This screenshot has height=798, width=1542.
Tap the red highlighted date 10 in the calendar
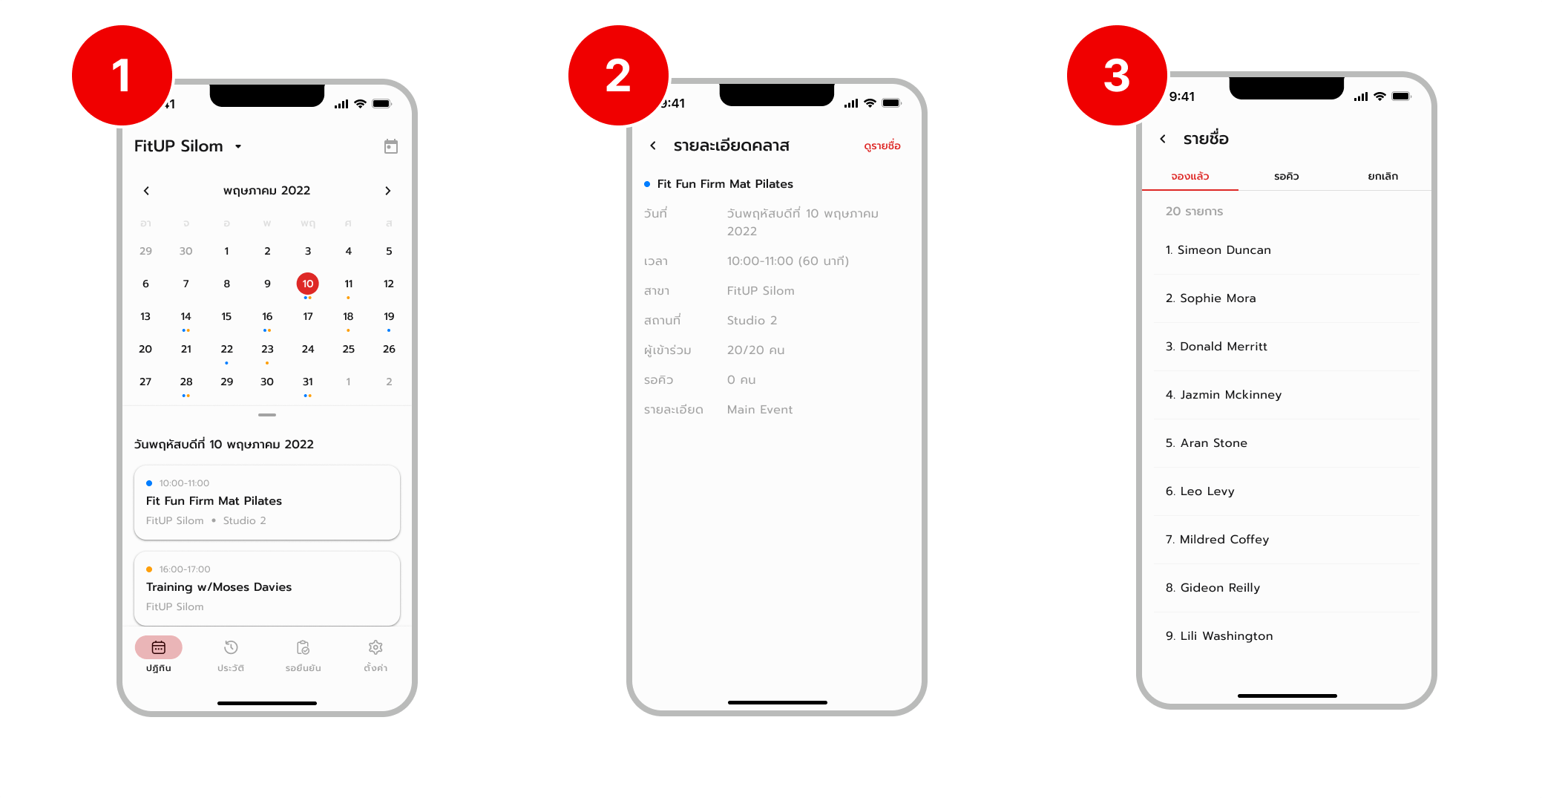[x=307, y=284]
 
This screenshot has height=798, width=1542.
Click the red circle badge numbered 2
[x=617, y=76]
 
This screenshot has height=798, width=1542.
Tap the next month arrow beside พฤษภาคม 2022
[x=387, y=191]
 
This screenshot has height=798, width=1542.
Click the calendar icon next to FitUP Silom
[x=390, y=146]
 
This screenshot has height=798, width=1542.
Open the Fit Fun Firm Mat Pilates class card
[x=266, y=502]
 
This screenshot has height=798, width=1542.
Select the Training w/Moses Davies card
[x=266, y=587]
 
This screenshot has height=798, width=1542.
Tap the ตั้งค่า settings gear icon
[x=375, y=648]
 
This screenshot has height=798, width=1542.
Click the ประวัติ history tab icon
[x=231, y=648]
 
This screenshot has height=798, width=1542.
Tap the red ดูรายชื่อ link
[x=882, y=146]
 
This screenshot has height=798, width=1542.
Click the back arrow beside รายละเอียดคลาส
[x=653, y=145]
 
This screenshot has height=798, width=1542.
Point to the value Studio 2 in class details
[x=752, y=320]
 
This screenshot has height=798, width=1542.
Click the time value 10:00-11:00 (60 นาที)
[x=787, y=261]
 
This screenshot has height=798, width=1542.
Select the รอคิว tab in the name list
[x=1286, y=176]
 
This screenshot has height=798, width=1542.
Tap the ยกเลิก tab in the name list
[x=1382, y=176]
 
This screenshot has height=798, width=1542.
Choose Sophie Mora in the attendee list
[x=1217, y=298]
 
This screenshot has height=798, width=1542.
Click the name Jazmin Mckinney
[x=1230, y=394]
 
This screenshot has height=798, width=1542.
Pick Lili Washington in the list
[x=1226, y=635]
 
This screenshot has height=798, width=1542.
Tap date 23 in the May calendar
[x=267, y=349]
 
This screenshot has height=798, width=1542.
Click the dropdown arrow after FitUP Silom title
[x=238, y=146]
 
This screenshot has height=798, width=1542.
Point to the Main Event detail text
[x=759, y=409]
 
